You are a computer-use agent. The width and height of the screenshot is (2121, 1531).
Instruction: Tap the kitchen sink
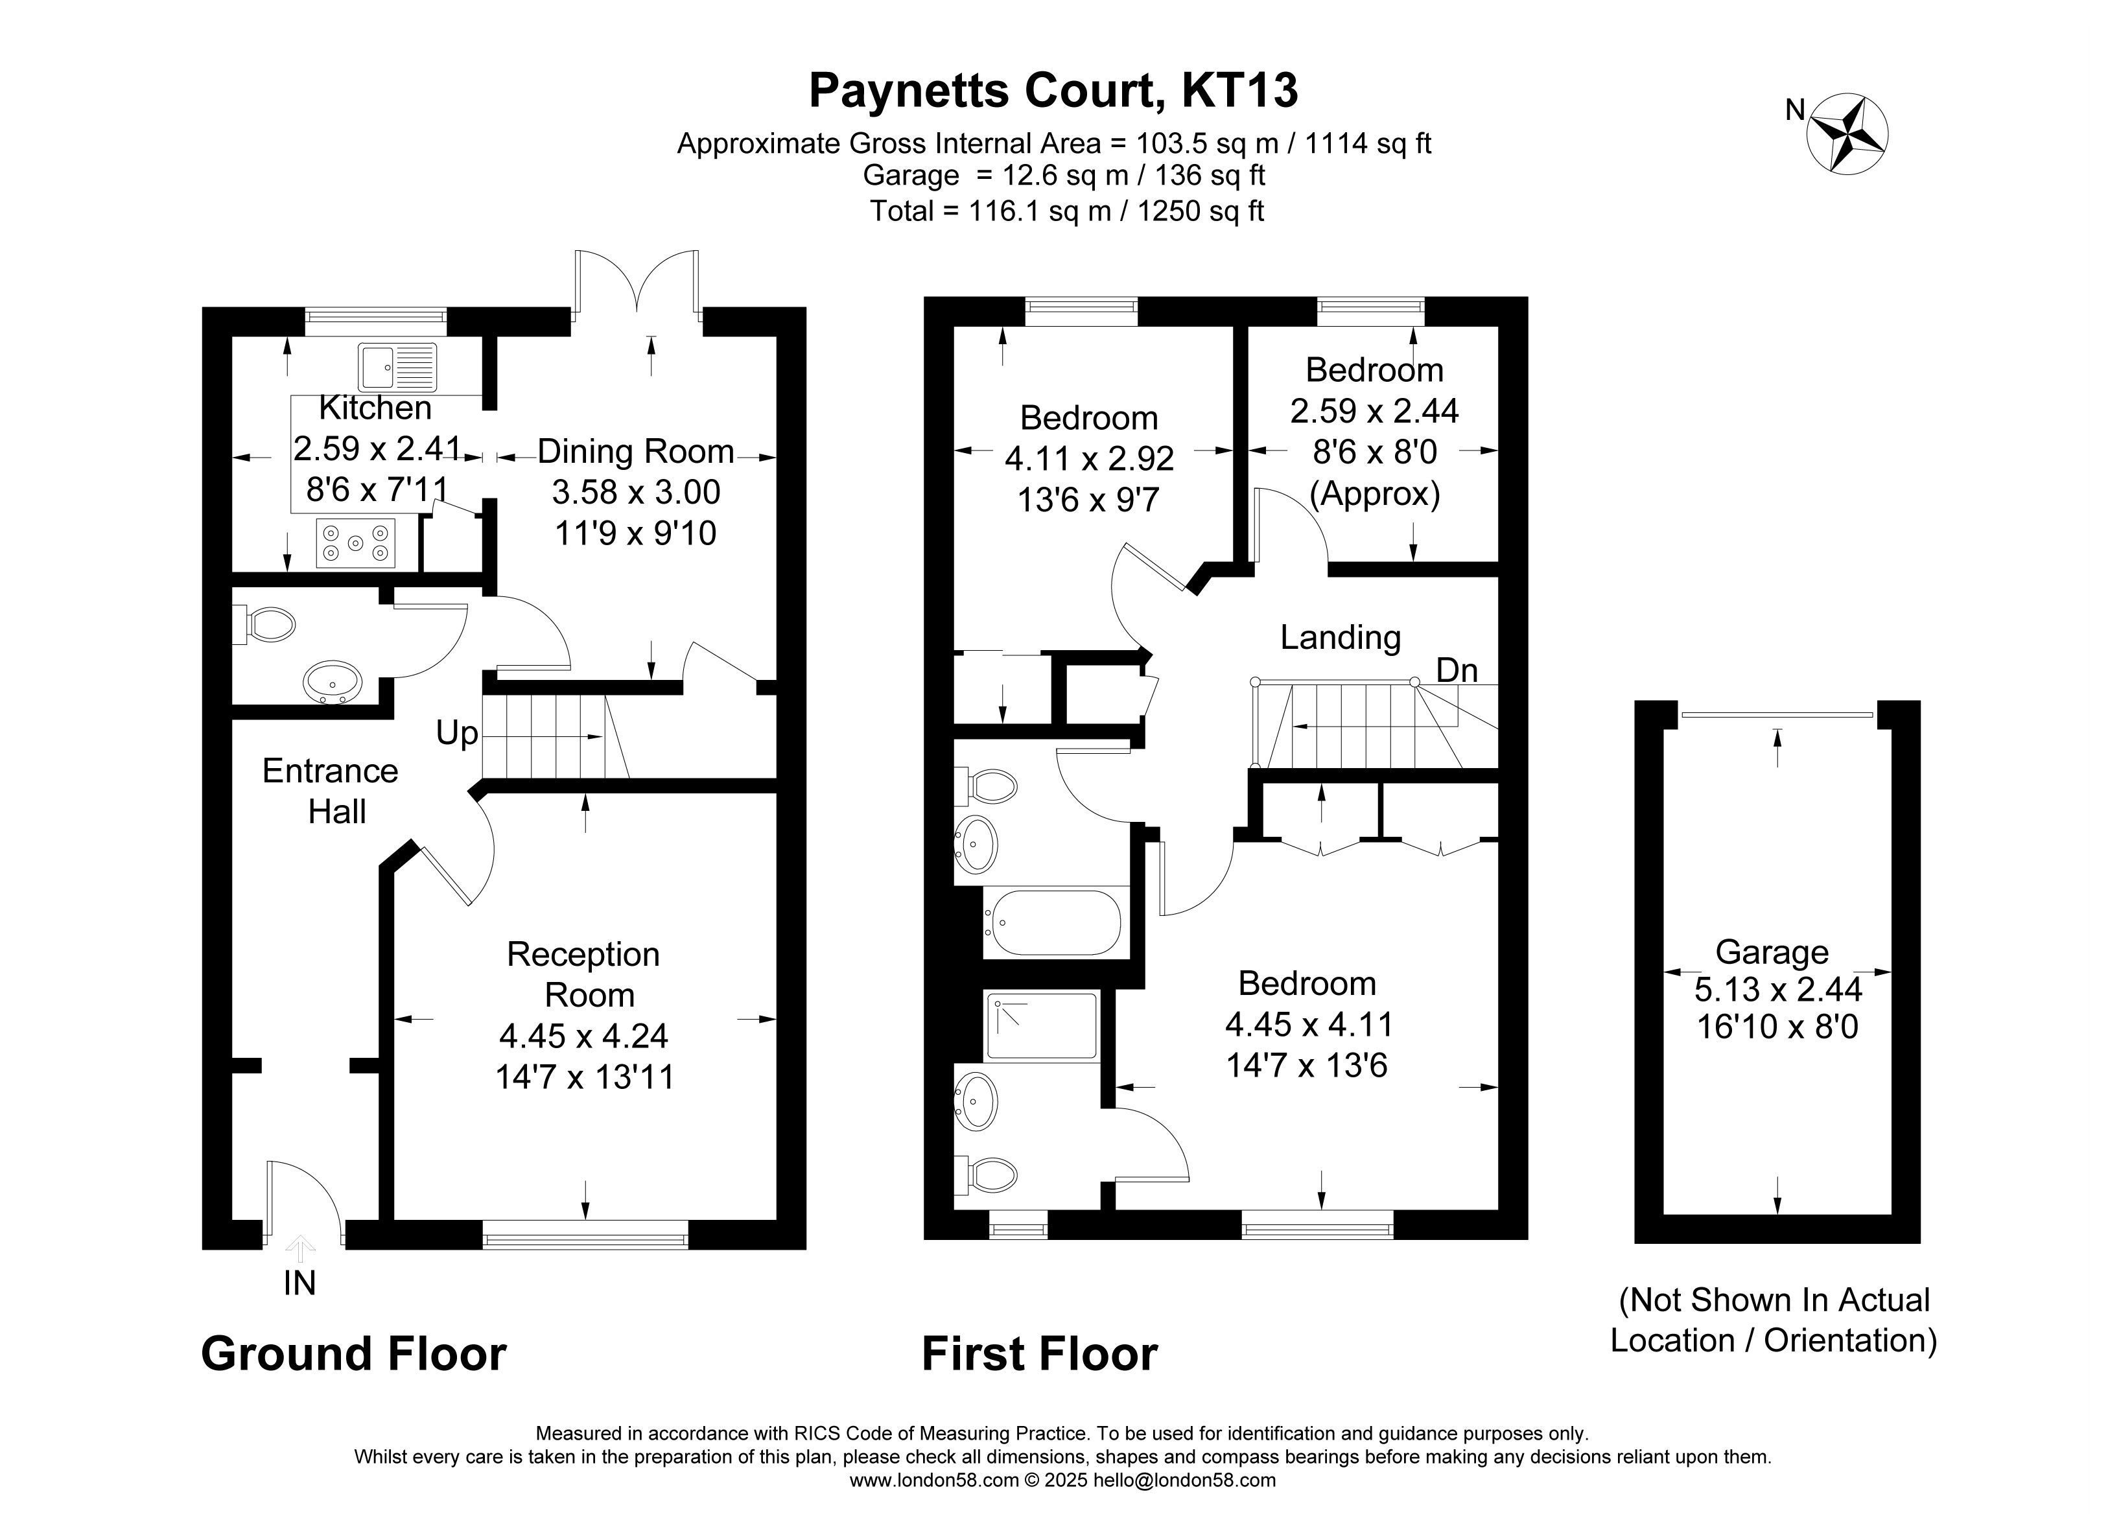pyautogui.click(x=397, y=367)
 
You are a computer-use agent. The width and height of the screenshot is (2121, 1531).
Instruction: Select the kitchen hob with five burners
pyautogui.click(x=355, y=543)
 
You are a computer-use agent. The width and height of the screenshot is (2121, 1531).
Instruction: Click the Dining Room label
pyautogui.click(x=636, y=452)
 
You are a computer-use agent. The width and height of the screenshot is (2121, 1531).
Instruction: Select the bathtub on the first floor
pyautogui.click(x=1052, y=922)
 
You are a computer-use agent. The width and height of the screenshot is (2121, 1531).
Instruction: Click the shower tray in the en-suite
pyautogui.click(x=1042, y=1026)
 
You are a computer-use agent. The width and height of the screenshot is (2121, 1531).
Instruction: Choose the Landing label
pyautogui.click(x=1340, y=638)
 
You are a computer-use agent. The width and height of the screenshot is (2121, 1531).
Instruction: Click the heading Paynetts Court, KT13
pyautogui.click(x=1053, y=91)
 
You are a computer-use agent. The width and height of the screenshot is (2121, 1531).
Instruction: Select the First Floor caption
pyautogui.click(x=1040, y=1354)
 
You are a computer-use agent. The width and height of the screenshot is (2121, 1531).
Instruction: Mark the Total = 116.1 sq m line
pyautogui.click(x=1067, y=211)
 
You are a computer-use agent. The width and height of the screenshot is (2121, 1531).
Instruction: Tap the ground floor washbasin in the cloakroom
pyautogui.click(x=332, y=682)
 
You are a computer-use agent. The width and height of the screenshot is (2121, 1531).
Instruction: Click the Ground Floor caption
pyautogui.click(x=353, y=1354)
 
